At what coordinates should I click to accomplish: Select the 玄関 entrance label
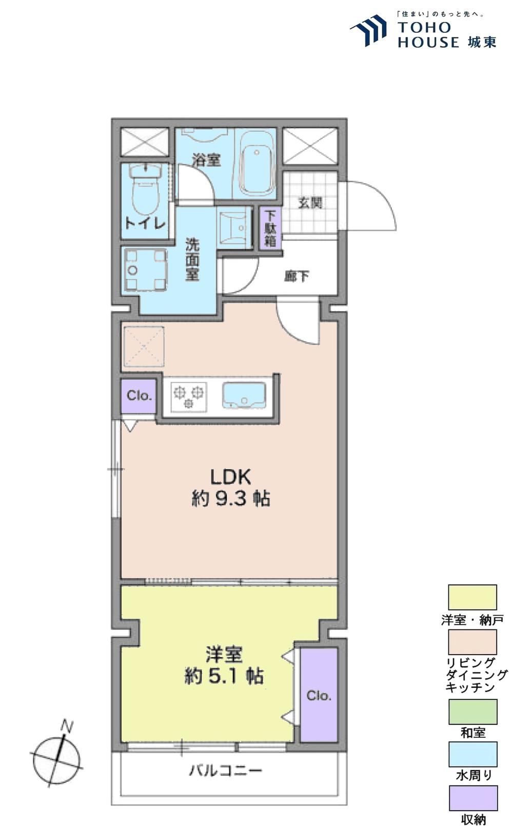pyautogui.click(x=310, y=203)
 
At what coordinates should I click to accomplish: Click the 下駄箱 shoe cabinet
pyautogui.click(x=270, y=228)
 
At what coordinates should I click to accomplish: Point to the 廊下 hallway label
pyautogui.click(x=297, y=276)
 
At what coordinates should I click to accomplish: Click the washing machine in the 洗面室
pyautogui.click(x=145, y=270)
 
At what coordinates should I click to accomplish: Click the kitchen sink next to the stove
pyautogui.click(x=244, y=395)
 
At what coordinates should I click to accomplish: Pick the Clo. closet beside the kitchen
pyautogui.click(x=139, y=396)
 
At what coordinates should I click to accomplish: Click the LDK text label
pyautogui.click(x=230, y=478)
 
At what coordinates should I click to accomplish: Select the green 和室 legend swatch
pyautogui.click(x=473, y=712)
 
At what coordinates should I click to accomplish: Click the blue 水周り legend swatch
pyautogui.click(x=473, y=754)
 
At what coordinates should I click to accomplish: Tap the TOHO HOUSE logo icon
pyautogui.click(x=369, y=30)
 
